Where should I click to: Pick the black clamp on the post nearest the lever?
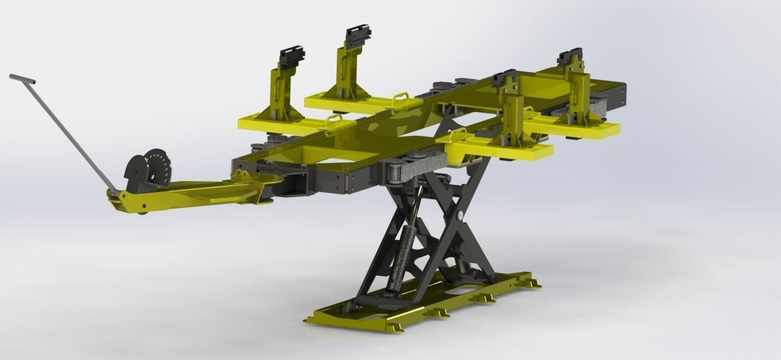(292, 58)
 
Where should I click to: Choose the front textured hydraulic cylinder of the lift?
(396, 257)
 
